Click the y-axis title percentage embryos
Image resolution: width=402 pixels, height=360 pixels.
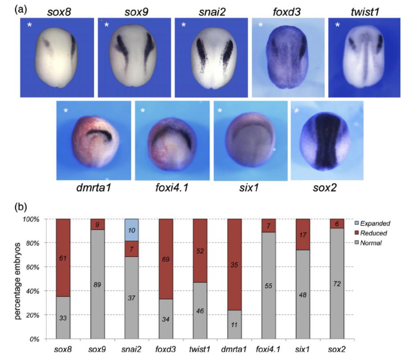[19, 279]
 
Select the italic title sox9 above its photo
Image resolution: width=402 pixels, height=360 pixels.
[135, 10]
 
